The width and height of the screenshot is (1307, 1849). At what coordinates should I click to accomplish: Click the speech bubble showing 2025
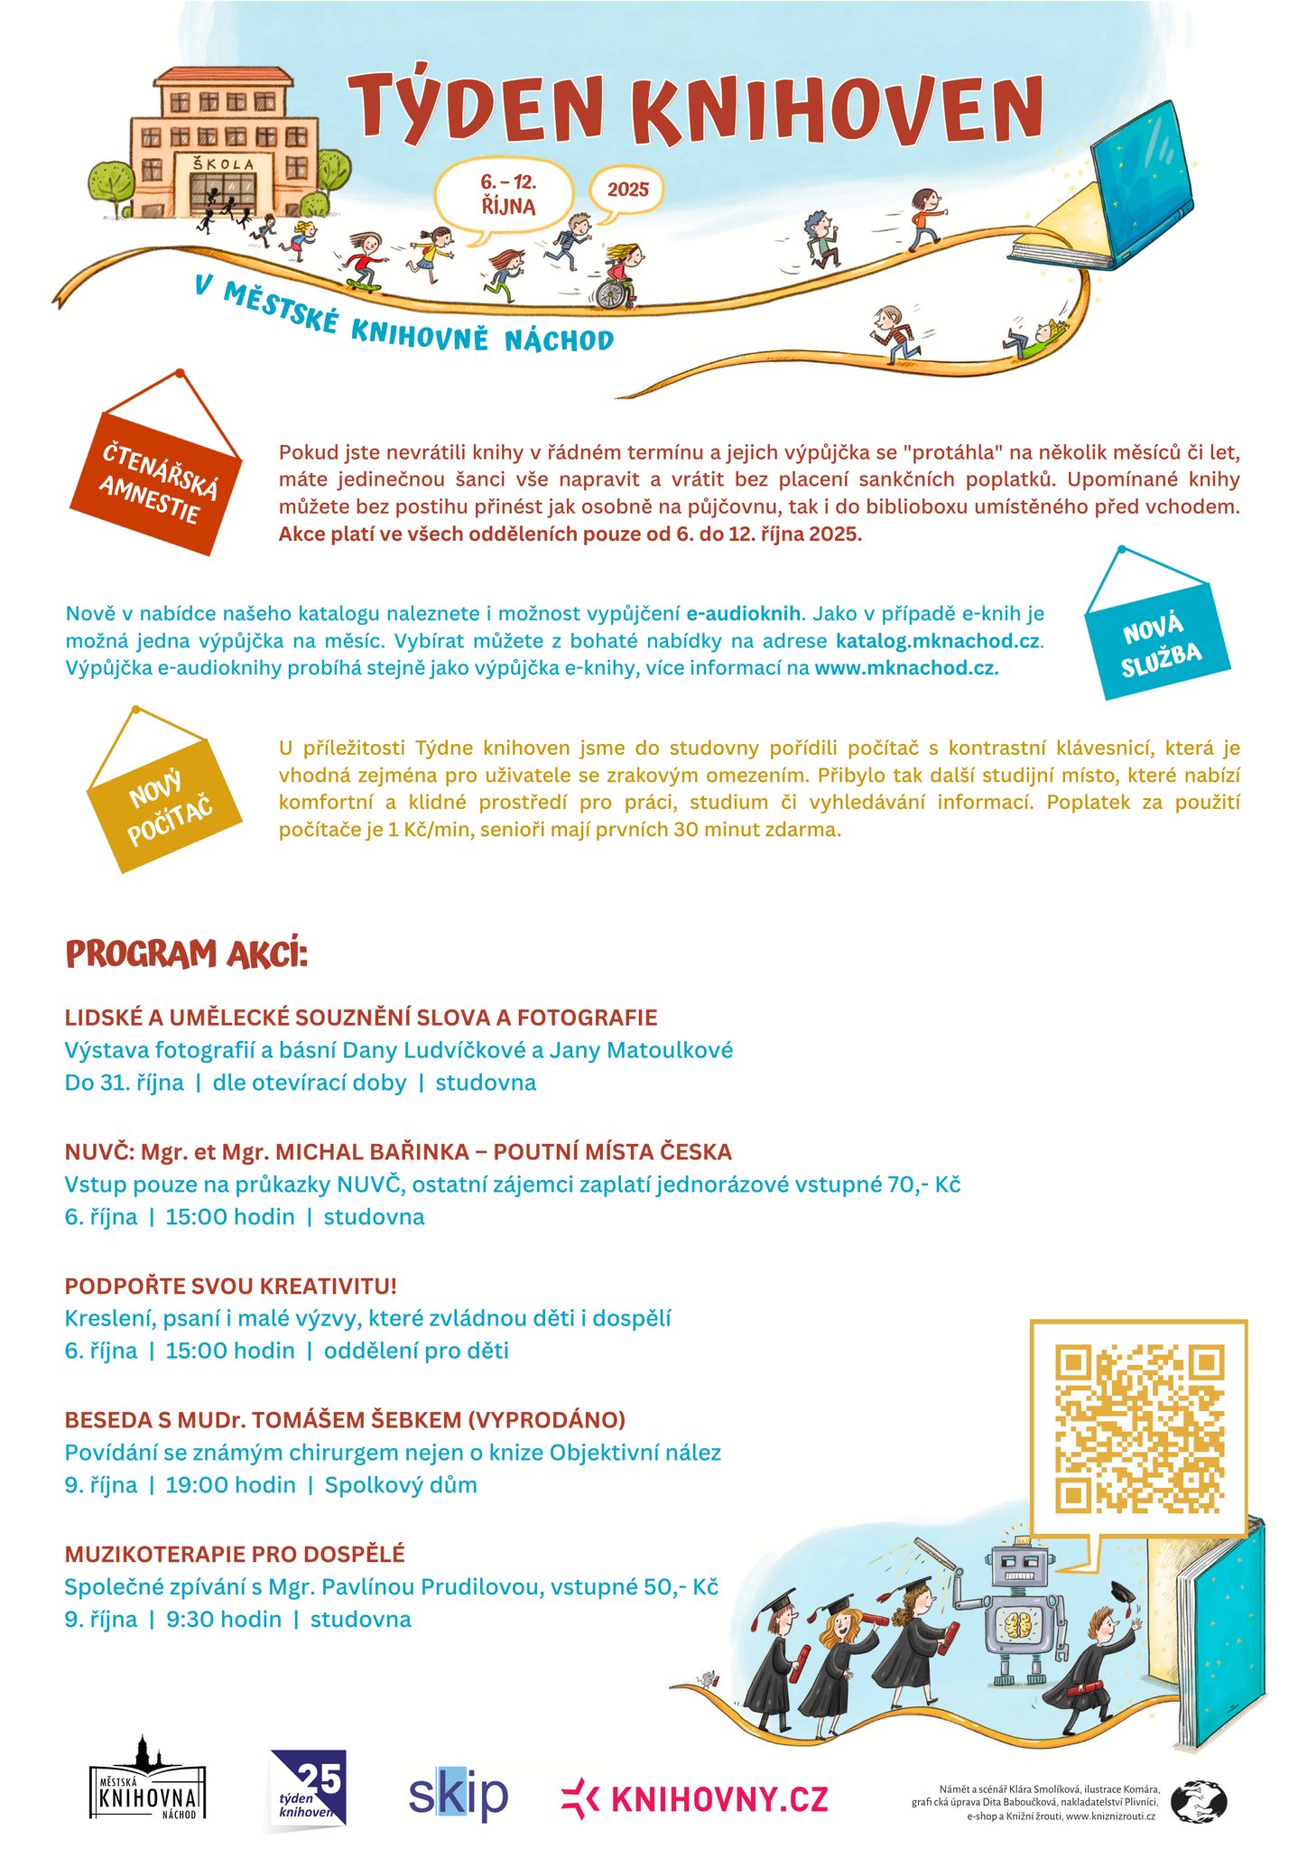pos(626,190)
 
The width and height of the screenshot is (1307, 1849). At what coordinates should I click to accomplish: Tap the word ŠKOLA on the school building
pos(222,164)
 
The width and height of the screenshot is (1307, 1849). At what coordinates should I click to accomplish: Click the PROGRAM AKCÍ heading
pos(187,954)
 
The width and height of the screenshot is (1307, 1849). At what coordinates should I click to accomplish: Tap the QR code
pos(1139,1428)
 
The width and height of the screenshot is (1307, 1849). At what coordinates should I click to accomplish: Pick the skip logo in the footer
pos(458,1795)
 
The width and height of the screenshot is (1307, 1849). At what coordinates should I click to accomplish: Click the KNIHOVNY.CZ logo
pos(695,1798)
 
